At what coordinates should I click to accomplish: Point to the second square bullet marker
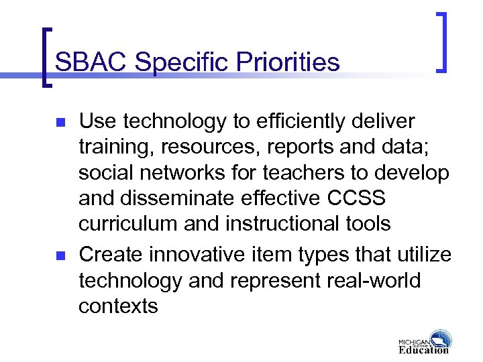coord(59,256)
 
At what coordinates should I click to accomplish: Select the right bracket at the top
coord(441,42)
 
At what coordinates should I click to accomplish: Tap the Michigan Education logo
coord(424,342)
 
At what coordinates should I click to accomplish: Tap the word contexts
coord(118,306)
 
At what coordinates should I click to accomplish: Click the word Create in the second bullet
coord(111,255)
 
